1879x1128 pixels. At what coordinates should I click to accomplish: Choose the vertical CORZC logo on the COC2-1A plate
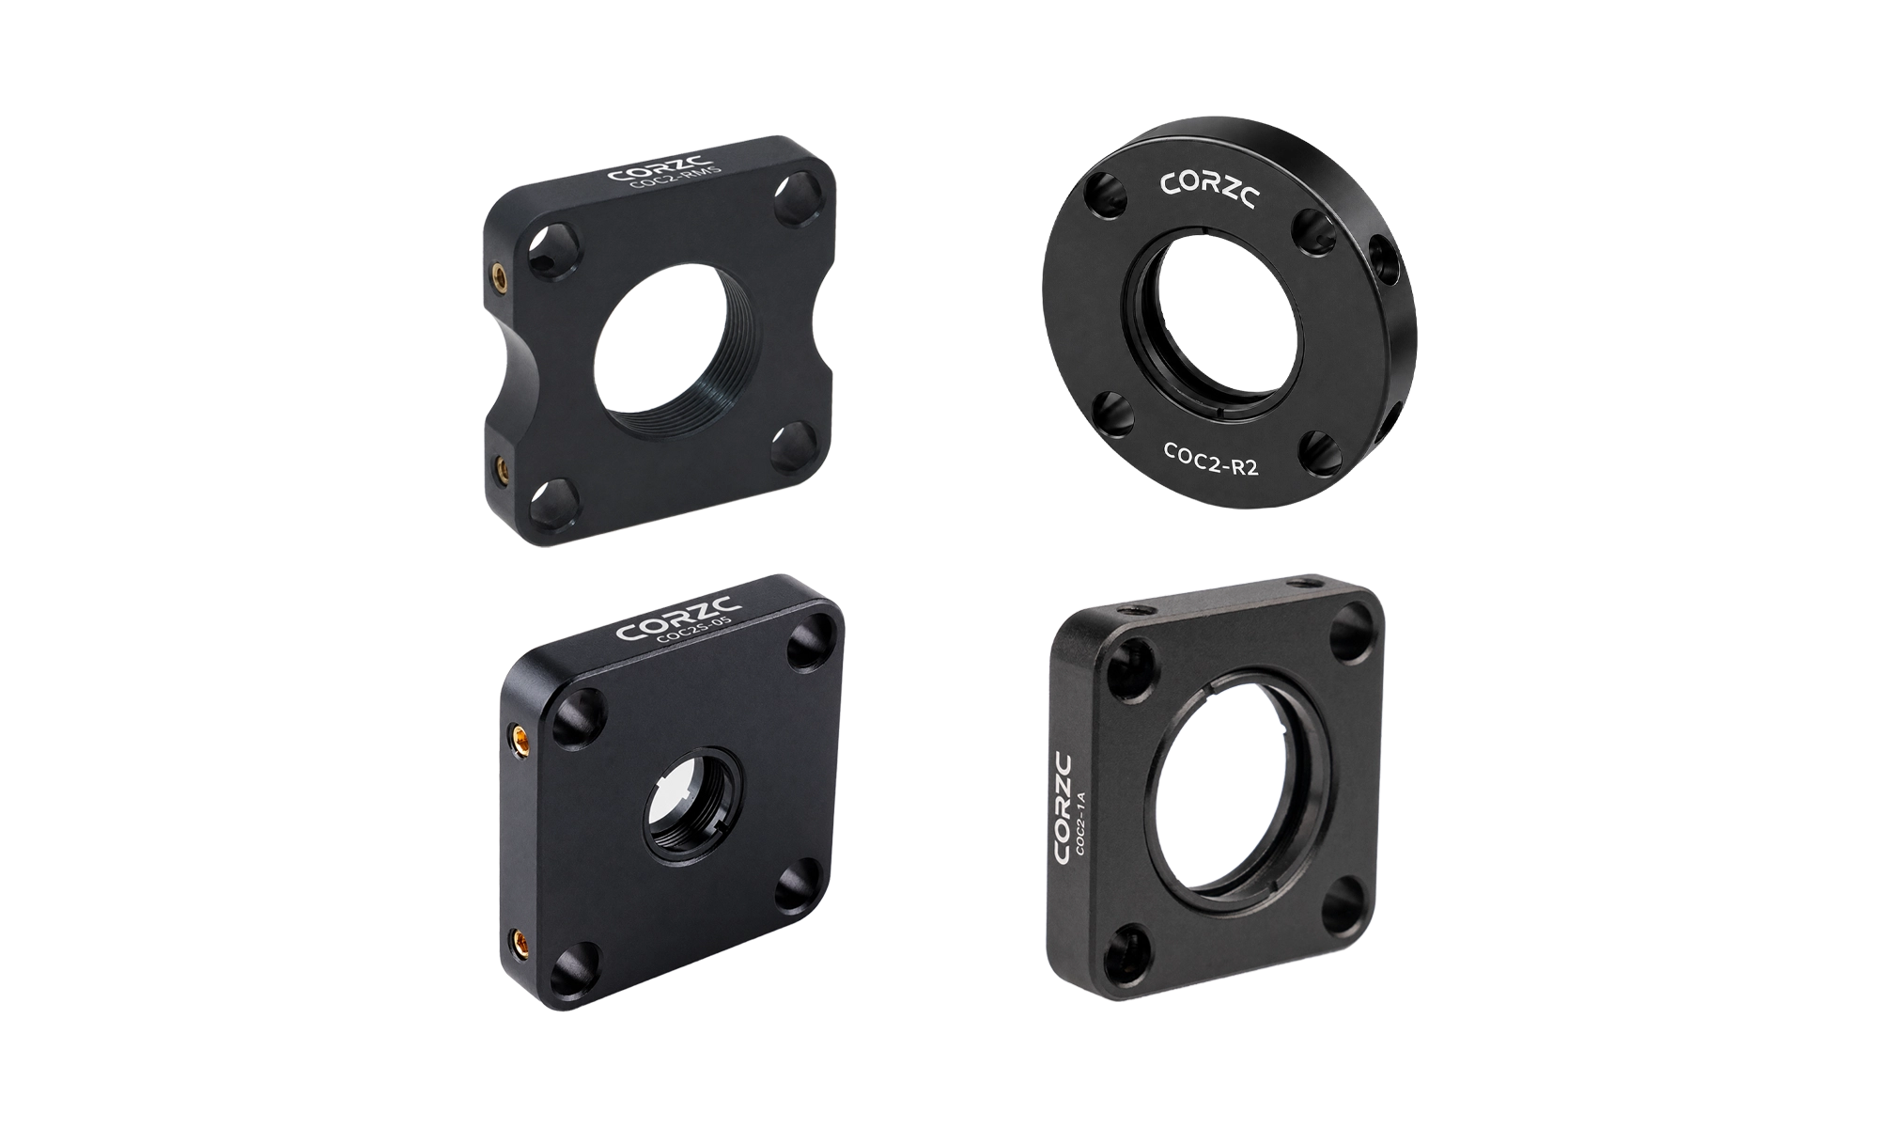pyautogui.click(x=1064, y=808)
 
